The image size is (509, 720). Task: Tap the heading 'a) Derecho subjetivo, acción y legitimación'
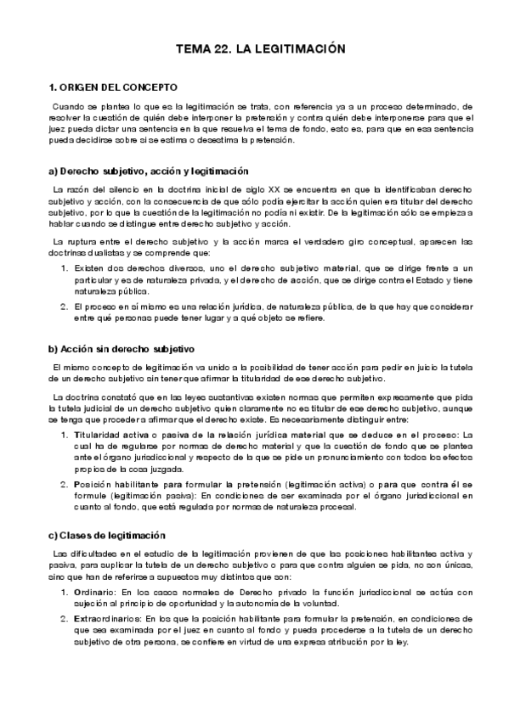tap(149, 171)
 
